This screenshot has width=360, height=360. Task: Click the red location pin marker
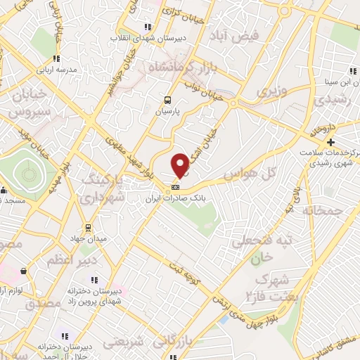coord(180,165)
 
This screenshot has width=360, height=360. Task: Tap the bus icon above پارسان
coord(167,100)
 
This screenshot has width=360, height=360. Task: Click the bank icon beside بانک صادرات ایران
coord(175,187)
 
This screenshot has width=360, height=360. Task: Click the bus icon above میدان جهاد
coord(88,228)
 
